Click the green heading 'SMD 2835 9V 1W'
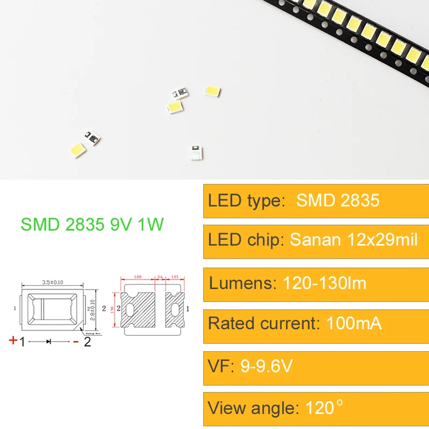[92, 224]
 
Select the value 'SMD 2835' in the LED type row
[338, 201]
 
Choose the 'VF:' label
[221, 366]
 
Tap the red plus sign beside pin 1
[12, 340]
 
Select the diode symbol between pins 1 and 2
[49, 342]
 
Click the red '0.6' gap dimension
[159, 277]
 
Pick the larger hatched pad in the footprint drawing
[140, 309]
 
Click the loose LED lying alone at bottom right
[196, 152]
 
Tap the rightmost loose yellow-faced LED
[213, 91]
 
